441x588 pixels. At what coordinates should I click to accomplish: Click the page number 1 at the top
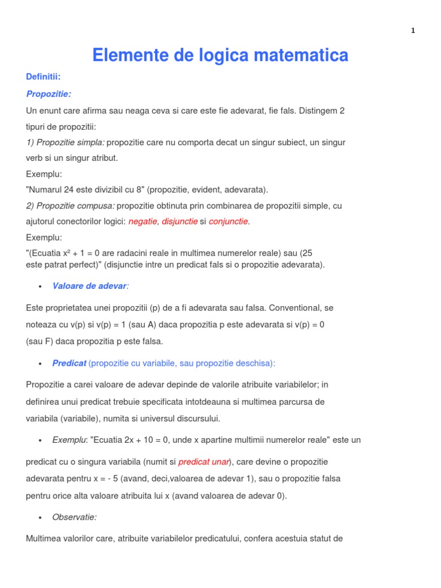[413, 31]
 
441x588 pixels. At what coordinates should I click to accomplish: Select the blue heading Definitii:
[43, 77]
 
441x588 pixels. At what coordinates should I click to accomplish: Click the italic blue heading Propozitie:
[49, 94]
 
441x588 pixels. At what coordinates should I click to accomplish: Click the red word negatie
[143, 222]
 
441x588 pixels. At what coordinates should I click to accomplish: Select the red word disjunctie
[180, 222]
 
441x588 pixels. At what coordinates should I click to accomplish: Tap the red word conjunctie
[229, 222]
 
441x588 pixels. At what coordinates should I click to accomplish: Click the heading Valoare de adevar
[89, 286]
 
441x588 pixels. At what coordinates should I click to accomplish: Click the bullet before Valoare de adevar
[40, 287]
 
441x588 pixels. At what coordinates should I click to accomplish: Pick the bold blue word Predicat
[69, 363]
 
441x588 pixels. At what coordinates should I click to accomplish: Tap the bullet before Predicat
[40, 363]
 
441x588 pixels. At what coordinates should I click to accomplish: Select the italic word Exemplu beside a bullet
[68, 440]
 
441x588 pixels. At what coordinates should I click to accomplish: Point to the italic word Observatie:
[74, 517]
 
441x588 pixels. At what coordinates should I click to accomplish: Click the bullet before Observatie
[40, 517]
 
